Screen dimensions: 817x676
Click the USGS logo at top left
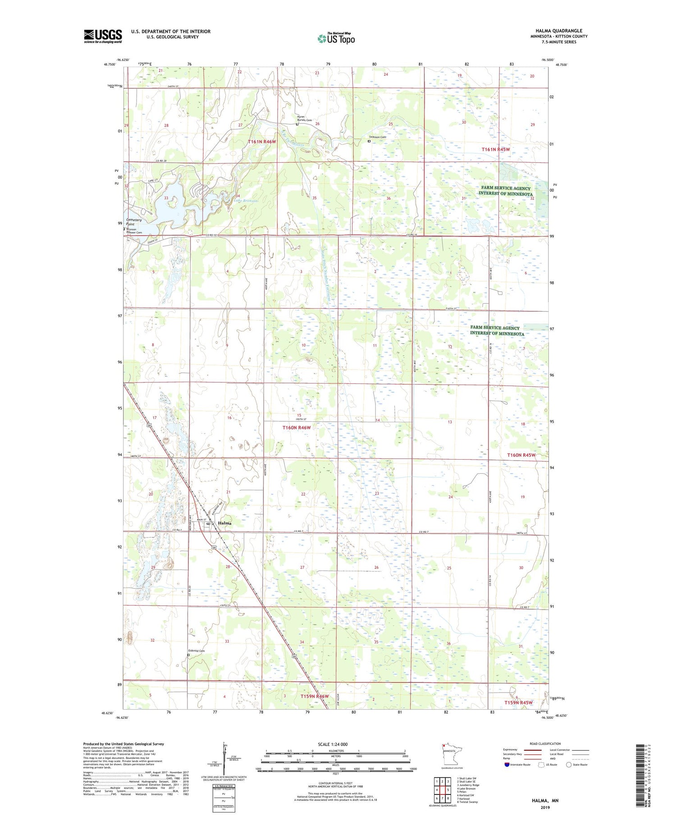[x=103, y=36]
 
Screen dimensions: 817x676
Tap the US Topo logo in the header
[x=336, y=39]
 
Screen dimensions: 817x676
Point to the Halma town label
[x=224, y=523]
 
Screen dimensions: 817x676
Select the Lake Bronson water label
[x=246, y=201]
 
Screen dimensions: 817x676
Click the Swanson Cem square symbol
[x=369, y=141]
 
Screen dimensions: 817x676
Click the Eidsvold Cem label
[x=196, y=651]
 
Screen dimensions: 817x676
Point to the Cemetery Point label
[x=134, y=222]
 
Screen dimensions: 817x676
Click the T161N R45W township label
[x=497, y=149]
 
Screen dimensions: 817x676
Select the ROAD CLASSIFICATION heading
[x=545, y=744]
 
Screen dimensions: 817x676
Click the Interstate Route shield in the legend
[x=507, y=764]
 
